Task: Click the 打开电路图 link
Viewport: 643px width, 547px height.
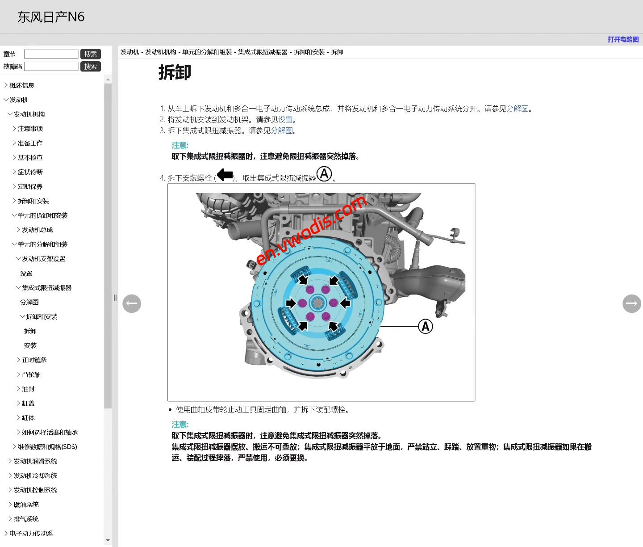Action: (x=623, y=39)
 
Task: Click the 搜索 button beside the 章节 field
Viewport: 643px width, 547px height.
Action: (x=91, y=54)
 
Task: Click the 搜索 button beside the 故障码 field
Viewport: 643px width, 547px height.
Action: (x=91, y=67)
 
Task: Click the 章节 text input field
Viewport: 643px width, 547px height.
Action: (x=51, y=54)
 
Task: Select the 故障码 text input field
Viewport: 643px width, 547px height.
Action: (x=51, y=67)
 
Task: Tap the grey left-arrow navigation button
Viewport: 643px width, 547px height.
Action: (x=132, y=303)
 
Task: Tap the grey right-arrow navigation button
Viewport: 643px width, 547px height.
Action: (x=631, y=303)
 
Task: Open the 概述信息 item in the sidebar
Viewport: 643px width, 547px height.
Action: (x=22, y=85)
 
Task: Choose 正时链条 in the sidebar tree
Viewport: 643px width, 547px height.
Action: (x=34, y=360)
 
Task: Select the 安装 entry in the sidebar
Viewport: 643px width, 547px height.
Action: (x=30, y=345)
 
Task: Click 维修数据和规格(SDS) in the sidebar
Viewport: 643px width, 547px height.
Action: (x=47, y=447)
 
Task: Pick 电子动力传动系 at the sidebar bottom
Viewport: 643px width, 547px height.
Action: (x=31, y=534)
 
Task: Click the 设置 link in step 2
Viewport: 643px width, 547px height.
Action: (x=285, y=120)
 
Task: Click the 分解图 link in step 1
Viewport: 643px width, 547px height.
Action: (x=518, y=109)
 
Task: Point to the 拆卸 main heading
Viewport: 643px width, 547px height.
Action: (x=175, y=72)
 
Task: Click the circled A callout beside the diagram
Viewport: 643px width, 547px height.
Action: (x=426, y=327)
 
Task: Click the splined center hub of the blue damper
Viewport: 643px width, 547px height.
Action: (x=317, y=303)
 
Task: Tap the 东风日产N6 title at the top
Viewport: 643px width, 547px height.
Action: (x=51, y=17)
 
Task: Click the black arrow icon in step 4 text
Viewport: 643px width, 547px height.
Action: (x=225, y=175)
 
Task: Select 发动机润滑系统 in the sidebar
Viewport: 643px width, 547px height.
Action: (x=35, y=461)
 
